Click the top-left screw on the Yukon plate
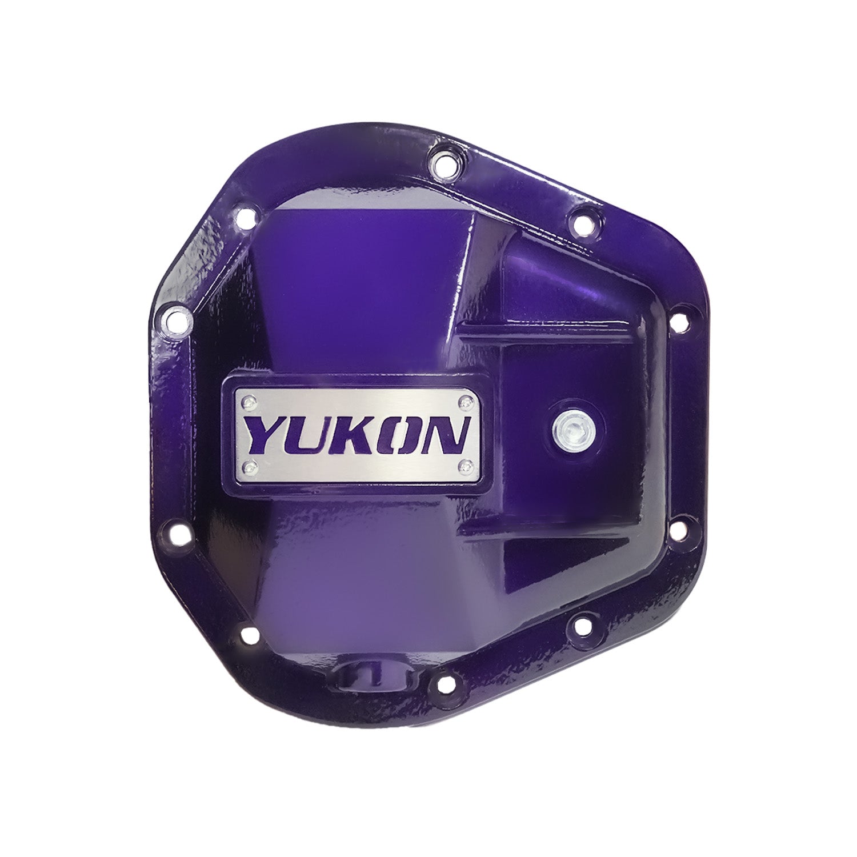coord(247,403)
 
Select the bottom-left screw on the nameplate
coord(247,467)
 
